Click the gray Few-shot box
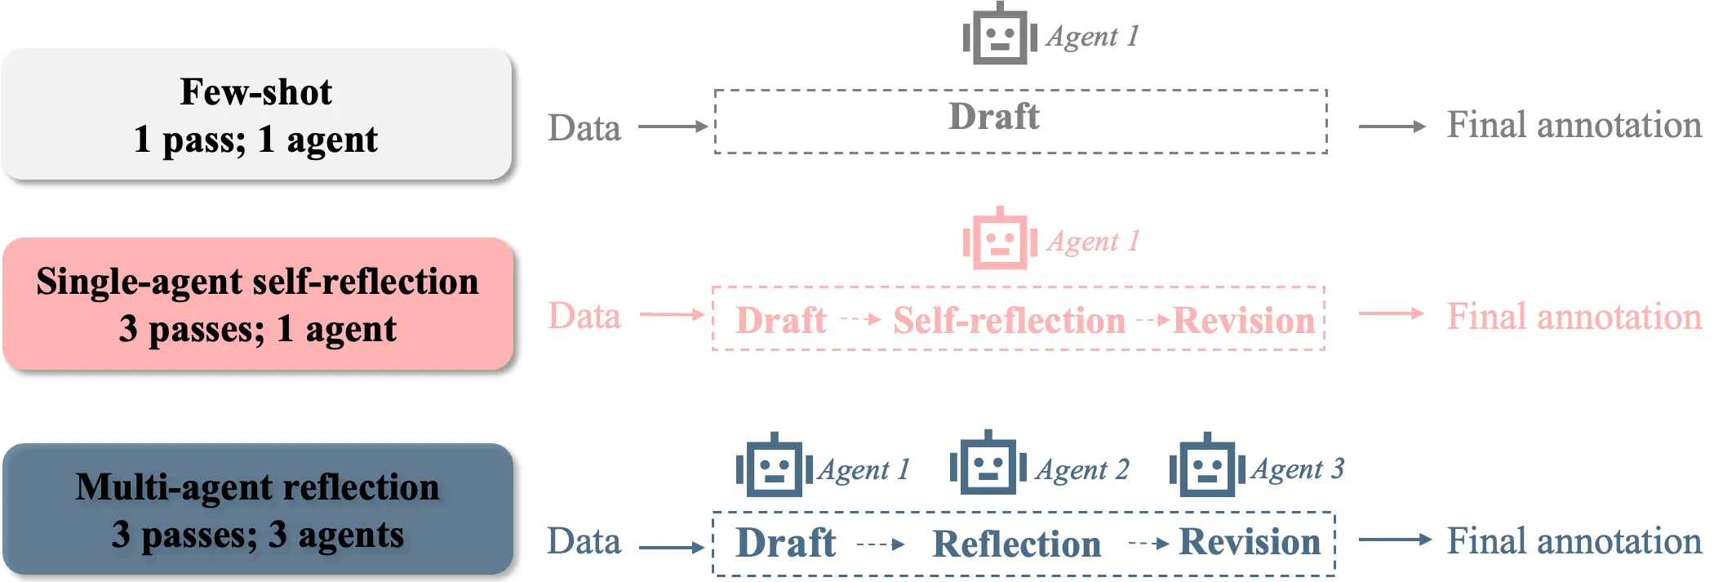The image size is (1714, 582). click(256, 114)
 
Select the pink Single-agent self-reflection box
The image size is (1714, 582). click(258, 304)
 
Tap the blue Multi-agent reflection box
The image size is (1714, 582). click(258, 509)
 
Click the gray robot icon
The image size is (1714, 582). click(1000, 34)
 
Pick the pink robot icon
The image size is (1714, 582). click(1000, 239)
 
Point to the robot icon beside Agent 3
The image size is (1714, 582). click(1207, 465)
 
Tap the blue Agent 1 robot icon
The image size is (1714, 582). click(774, 465)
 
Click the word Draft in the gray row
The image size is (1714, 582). click(994, 117)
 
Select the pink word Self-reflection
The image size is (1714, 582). click(1009, 321)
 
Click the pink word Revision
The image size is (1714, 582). click(1244, 321)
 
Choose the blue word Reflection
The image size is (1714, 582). click(1017, 544)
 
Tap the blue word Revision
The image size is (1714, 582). click(1250, 542)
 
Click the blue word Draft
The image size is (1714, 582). click(786, 543)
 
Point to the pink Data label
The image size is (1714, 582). click(584, 316)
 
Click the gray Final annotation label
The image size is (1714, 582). click(1574, 125)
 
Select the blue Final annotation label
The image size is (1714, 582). click(1574, 540)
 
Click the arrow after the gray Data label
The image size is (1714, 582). click(673, 127)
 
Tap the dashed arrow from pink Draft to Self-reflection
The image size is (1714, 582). click(861, 319)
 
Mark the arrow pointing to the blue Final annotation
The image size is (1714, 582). click(1396, 540)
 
